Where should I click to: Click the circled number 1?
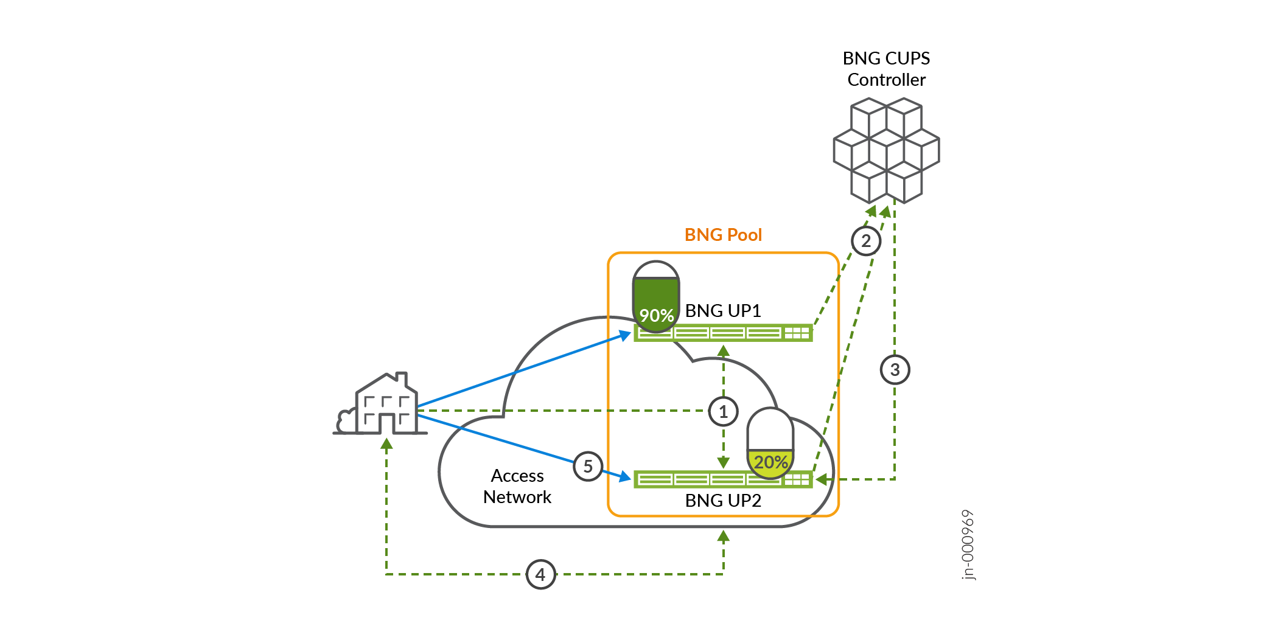723,412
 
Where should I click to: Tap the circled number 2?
865,242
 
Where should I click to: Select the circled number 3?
895,370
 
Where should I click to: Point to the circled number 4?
540,574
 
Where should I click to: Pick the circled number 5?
588,467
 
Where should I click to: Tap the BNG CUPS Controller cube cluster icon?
886,150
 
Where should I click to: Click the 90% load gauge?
655,297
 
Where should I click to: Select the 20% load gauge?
770,443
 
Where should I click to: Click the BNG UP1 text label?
723,311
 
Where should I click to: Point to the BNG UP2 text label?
723,501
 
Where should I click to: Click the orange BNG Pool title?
723,235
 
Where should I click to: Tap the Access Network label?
517,487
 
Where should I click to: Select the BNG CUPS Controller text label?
886,69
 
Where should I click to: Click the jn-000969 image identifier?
968,545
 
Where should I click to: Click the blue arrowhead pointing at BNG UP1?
625,335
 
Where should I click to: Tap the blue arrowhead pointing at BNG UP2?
625,477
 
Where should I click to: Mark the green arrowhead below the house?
386,444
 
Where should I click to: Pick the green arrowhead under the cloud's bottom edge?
723,536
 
